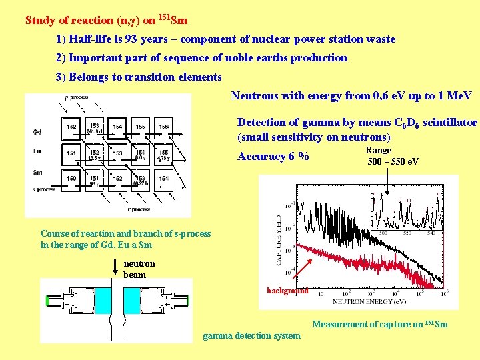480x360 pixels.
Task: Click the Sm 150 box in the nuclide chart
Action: point(71,179)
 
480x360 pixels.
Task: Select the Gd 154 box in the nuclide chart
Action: point(118,127)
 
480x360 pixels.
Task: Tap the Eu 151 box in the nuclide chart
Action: point(71,153)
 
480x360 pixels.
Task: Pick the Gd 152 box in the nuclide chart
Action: point(71,127)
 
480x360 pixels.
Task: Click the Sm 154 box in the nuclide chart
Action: point(163,179)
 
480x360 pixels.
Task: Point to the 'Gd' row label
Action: point(37,131)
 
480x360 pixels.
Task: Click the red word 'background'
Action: point(287,291)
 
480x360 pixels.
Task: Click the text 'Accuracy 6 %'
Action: point(273,157)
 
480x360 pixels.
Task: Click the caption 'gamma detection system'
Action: point(251,335)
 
